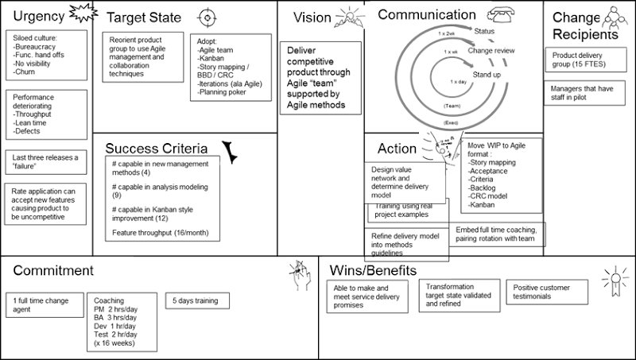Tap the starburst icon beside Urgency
tap(80, 15)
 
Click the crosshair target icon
tap(206, 17)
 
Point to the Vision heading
tap(312, 17)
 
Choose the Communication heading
tap(426, 15)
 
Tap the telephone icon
tap(502, 15)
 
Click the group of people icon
tap(611, 19)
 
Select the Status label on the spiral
tap(483, 31)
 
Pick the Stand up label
tap(487, 75)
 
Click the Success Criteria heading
tap(157, 149)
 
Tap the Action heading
tap(397, 149)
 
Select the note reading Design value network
tap(404, 182)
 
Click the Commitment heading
tap(53, 270)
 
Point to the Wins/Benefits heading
tap(373, 270)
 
